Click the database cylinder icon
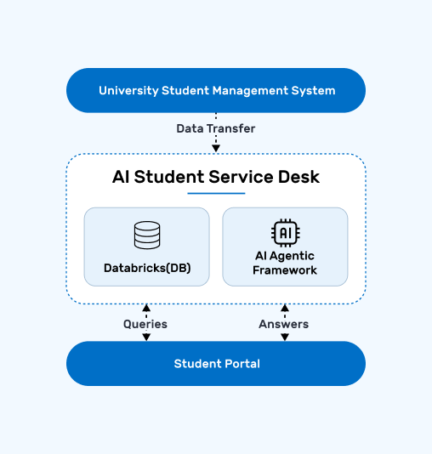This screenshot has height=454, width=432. coord(147,236)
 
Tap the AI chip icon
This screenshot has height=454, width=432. coord(286,233)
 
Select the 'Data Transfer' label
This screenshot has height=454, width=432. coord(216,128)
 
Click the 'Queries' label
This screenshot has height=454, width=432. coord(145,324)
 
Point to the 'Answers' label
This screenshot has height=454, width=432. coord(284,324)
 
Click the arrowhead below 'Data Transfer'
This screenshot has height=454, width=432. coord(216,149)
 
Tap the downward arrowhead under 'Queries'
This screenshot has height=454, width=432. coord(146,337)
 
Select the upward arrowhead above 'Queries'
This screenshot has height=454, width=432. coord(146,308)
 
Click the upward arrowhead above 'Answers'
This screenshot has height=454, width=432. coord(285,308)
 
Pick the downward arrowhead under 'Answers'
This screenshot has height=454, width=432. coord(285,337)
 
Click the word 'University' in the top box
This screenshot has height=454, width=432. coord(129,91)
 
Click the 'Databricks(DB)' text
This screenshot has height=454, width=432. coord(147,268)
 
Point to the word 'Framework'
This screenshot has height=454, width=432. coord(285,270)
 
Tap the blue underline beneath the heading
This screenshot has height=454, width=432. coord(216,193)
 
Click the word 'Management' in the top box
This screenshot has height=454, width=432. coord(251,91)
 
